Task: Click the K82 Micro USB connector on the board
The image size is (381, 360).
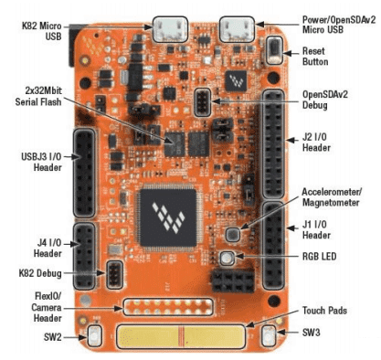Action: pyautogui.click(x=170, y=29)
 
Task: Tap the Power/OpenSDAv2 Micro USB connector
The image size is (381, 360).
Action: pyautogui.click(x=237, y=29)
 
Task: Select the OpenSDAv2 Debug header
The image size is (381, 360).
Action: pyautogui.click(x=202, y=102)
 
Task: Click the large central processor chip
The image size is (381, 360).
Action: pyautogui.click(x=168, y=217)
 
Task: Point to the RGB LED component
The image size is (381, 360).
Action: pyautogui.click(x=228, y=259)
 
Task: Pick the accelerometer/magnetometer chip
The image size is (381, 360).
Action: pyautogui.click(x=233, y=234)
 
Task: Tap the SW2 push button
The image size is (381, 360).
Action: pyautogui.click(x=94, y=336)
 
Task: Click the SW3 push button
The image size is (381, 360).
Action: pyautogui.click(x=269, y=335)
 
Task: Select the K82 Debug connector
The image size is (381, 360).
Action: pyautogui.click(x=114, y=275)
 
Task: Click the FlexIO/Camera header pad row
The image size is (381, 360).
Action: pyautogui.click(x=168, y=307)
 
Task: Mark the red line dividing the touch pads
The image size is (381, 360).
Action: pyautogui.click(x=182, y=336)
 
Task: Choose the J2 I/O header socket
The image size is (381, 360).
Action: pyautogui.click(x=273, y=143)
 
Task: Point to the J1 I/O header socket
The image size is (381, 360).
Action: pyautogui.click(x=273, y=246)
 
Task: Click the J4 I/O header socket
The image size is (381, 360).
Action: pyautogui.click(x=85, y=256)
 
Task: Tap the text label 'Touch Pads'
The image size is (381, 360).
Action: pyautogui.click(x=324, y=311)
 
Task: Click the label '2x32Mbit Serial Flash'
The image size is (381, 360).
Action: pyautogui.click(x=38, y=96)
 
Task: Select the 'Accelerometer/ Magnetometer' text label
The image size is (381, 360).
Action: pyautogui.click(x=332, y=197)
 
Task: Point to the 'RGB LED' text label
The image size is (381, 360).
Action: pyautogui.click(x=319, y=256)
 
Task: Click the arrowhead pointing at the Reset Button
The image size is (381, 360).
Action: pyautogui.click(x=287, y=53)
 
